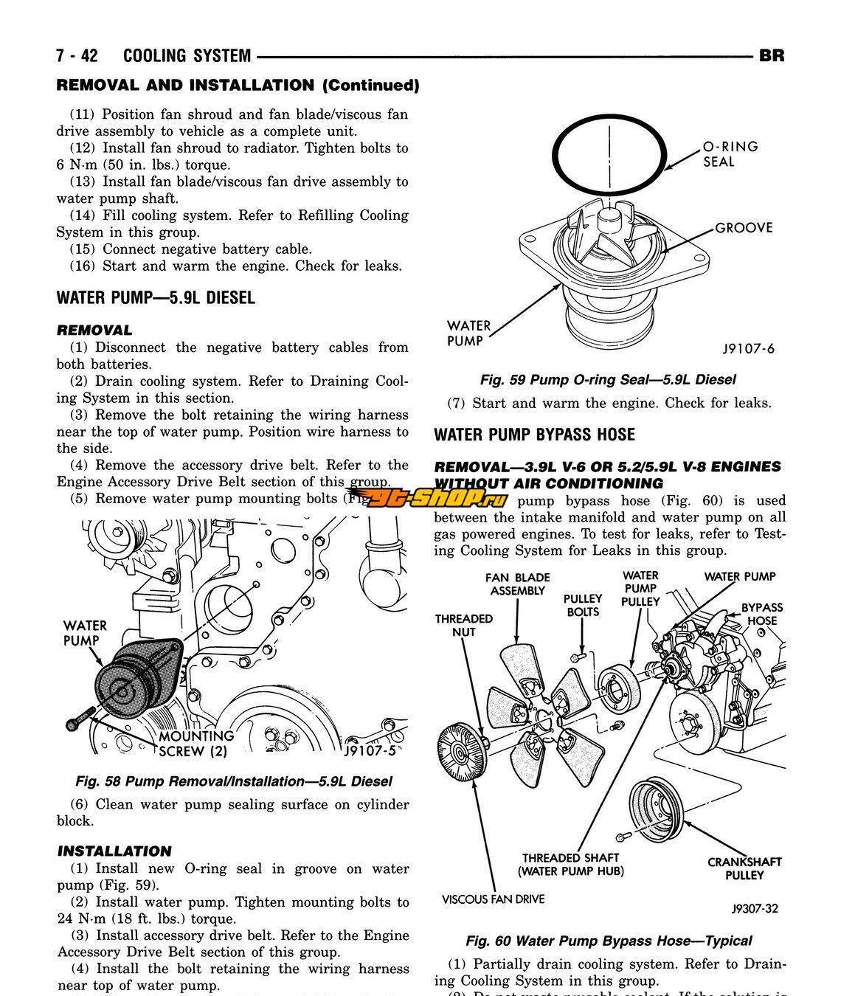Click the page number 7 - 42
pyautogui.click(x=77, y=56)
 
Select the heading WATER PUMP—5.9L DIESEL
pyautogui.click(x=156, y=298)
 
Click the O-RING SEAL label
pyautogui.click(x=730, y=153)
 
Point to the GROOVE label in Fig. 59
pyautogui.click(x=744, y=228)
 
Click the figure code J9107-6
pyautogui.click(x=748, y=349)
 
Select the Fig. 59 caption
pyautogui.click(x=608, y=380)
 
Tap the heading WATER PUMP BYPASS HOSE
pyautogui.click(x=534, y=435)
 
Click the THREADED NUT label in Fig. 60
pyautogui.click(x=464, y=625)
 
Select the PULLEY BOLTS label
pyautogui.click(x=583, y=605)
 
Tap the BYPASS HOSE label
pyautogui.click(x=762, y=614)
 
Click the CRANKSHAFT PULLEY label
pyautogui.click(x=744, y=868)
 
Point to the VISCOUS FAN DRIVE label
pyautogui.click(x=493, y=899)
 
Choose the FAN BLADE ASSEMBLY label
pyautogui.click(x=517, y=584)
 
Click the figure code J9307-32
pyautogui.click(x=755, y=909)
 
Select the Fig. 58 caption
pyautogui.click(x=234, y=781)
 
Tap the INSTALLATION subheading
pyautogui.click(x=114, y=851)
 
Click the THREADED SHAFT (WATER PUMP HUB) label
pyautogui.click(x=570, y=865)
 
